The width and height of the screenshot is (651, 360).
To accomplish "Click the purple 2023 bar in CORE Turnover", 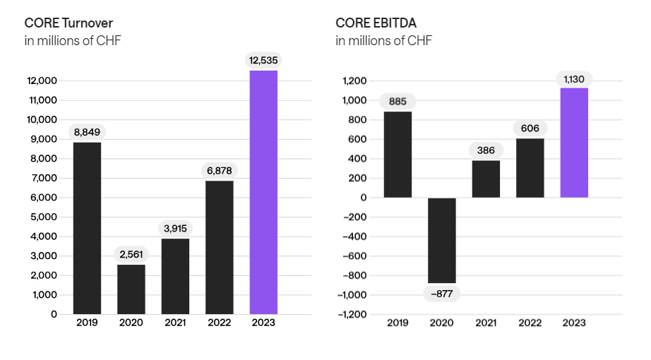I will click(x=263, y=192).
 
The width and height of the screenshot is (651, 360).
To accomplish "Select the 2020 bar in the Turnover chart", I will click(x=131, y=289).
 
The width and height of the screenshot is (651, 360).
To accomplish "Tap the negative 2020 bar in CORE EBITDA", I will click(x=442, y=240).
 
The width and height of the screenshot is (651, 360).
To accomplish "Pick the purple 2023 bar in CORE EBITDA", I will click(x=574, y=143).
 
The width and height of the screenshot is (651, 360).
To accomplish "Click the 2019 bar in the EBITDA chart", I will click(x=398, y=155).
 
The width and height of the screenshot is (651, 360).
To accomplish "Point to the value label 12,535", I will click(x=263, y=60).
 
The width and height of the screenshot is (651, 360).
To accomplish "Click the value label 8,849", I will click(x=87, y=131).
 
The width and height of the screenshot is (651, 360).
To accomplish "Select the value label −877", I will click(x=442, y=294).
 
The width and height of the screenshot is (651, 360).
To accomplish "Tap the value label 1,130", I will click(x=574, y=78).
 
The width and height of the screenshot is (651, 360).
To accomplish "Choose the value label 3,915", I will click(x=175, y=228).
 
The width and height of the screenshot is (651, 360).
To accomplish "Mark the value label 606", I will click(x=530, y=128).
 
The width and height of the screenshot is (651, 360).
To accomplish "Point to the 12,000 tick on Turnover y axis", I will click(x=42, y=81).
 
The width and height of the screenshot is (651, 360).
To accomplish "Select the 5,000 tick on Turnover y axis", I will click(x=44, y=217).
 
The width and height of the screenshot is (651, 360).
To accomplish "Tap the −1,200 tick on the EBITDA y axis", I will click(x=353, y=314).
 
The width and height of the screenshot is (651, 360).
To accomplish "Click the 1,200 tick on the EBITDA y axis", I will click(x=355, y=81).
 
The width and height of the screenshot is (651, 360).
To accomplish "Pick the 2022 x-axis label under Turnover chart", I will click(x=220, y=323).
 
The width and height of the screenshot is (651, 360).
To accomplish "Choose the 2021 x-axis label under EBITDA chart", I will click(x=486, y=323).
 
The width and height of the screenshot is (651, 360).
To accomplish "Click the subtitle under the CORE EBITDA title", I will click(x=383, y=40).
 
